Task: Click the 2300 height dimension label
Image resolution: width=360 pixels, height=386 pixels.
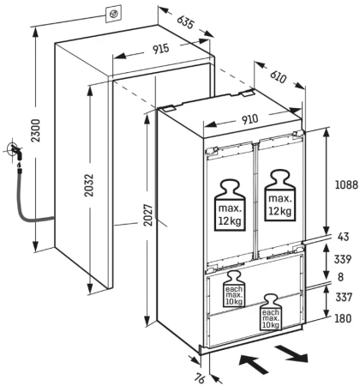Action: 36,130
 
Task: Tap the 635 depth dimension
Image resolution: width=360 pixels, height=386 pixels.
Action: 186,21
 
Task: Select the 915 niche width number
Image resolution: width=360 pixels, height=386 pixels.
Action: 160,49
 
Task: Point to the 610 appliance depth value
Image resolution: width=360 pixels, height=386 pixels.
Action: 278,76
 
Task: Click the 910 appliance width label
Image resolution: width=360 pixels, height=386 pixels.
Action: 250,119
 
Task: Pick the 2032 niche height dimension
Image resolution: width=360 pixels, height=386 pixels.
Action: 89,184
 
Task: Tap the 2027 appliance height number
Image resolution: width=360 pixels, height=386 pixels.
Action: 148,215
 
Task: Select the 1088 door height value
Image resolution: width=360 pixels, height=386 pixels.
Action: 346,184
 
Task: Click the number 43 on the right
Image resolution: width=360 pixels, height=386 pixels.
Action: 343,237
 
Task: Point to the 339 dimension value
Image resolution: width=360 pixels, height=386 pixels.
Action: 343,259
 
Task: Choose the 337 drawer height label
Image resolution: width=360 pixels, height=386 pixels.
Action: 344,297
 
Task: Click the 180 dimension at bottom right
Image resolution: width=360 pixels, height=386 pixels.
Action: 343,318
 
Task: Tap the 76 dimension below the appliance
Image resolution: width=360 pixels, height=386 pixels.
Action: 200,378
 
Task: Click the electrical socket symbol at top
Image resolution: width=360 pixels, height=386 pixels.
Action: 113,13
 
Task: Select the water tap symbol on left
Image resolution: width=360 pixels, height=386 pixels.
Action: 15,151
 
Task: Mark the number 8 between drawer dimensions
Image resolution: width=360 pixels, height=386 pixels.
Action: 340,277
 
